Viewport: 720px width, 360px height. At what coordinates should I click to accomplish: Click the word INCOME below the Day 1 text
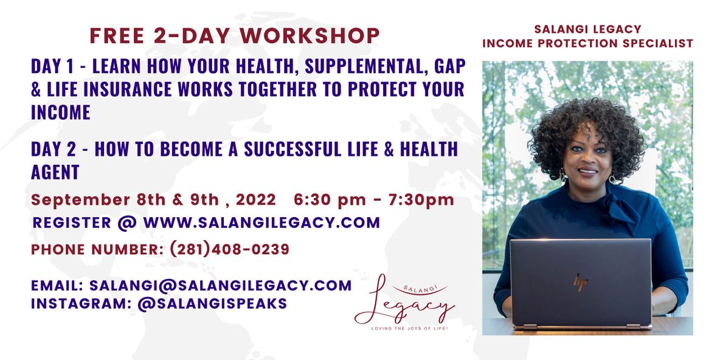click(x=61, y=112)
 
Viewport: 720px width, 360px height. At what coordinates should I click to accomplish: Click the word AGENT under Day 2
click(x=55, y=172)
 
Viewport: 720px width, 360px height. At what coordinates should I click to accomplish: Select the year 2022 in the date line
click(x=257, y=200)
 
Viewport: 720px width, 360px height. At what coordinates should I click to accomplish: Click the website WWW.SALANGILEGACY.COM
click(x=261, y=222)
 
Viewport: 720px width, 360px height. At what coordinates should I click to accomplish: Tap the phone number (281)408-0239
click(x=230, y=249)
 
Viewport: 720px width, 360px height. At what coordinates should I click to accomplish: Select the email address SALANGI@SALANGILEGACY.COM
click(x=221, y=286)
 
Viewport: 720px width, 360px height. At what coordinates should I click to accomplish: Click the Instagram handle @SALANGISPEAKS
click(x=212, y=304)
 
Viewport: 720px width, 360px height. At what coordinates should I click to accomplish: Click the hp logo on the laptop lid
click(x=580, y=282)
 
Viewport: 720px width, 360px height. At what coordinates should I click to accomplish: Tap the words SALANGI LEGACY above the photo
click(x=588, y=29)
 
